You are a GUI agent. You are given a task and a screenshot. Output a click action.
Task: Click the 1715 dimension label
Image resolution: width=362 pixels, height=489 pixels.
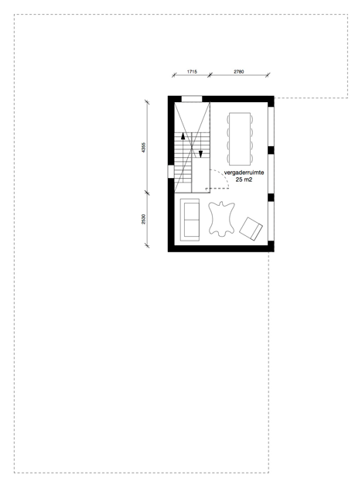tap(192, 71)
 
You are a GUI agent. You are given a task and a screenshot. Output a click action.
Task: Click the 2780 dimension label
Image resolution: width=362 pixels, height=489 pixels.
tap(239, 71)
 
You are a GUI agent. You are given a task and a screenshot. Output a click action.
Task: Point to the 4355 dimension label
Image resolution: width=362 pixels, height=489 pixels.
tap(143, 147)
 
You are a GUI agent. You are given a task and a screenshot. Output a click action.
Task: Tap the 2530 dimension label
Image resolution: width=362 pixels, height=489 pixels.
tap(143, 219)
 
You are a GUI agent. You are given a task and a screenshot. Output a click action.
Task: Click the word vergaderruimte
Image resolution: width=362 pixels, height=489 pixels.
tap(244, 173)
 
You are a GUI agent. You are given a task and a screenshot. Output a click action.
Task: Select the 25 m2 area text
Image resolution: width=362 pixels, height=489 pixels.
tap(244, 180)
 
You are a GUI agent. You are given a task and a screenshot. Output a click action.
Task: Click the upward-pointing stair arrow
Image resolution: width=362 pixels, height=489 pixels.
tap(183, 136)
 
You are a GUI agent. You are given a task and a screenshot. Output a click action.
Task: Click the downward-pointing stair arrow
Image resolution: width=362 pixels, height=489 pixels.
tap(200, 154)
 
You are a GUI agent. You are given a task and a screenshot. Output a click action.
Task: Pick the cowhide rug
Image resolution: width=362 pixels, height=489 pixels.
tap(221, 218)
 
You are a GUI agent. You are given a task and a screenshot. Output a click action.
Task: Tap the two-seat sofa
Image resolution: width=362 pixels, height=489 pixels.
tap(190, 220)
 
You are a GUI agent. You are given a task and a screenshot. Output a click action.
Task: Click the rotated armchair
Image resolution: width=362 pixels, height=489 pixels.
tap(251, 228)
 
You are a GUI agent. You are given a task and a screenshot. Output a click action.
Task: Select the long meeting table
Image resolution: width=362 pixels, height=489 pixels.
tap(240, 138)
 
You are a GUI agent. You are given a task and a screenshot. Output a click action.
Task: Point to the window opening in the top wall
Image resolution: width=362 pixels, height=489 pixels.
tap(192, 99)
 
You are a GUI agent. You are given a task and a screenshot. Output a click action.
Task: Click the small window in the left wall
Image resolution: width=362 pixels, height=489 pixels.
tap(171, 172)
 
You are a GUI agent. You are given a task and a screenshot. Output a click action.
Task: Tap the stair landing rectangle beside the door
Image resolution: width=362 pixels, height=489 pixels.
tap(200, 176)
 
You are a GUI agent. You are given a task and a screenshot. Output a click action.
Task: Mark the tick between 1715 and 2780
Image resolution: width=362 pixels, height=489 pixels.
tap(210, 75)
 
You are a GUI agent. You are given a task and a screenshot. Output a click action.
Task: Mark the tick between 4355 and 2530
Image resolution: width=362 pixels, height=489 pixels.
tap(147, 193)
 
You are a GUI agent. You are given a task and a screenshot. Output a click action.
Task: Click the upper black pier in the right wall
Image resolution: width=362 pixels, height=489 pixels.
tap(271, 150)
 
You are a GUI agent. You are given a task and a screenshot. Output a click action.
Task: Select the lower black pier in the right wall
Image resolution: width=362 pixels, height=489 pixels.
tap(271, 197)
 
